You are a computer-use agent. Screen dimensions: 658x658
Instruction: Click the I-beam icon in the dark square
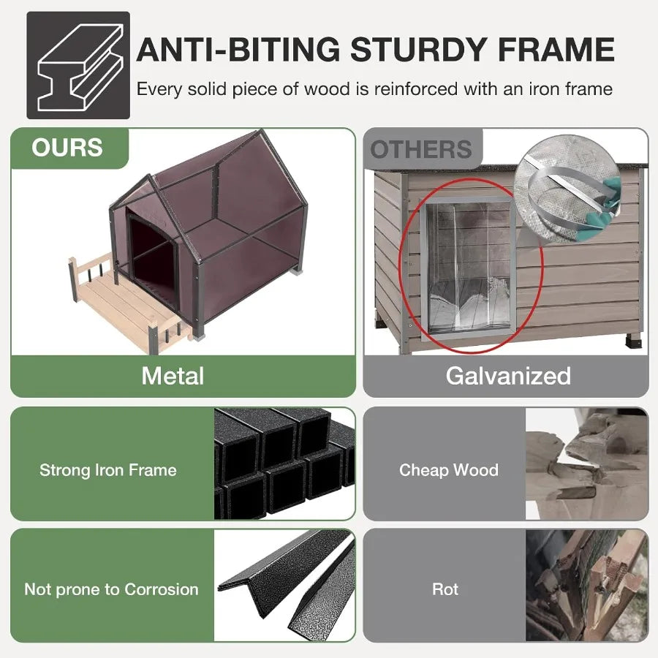(77, 65)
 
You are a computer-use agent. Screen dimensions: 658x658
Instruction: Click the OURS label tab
(67, 148)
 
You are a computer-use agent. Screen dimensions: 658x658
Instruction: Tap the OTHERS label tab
(421, 149)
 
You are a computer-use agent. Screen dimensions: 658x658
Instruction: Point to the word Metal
(173, 376)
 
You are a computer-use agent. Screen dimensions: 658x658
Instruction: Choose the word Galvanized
(508, 376)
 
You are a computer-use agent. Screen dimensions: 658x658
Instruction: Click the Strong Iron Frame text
(108, 469)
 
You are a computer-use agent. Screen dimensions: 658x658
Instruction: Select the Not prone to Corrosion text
(111, 589)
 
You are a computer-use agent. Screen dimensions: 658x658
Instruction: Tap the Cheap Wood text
(449, 469)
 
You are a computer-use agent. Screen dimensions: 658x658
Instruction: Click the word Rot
(445, 589)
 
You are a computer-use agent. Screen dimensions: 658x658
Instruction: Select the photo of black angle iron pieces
(285, 585)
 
